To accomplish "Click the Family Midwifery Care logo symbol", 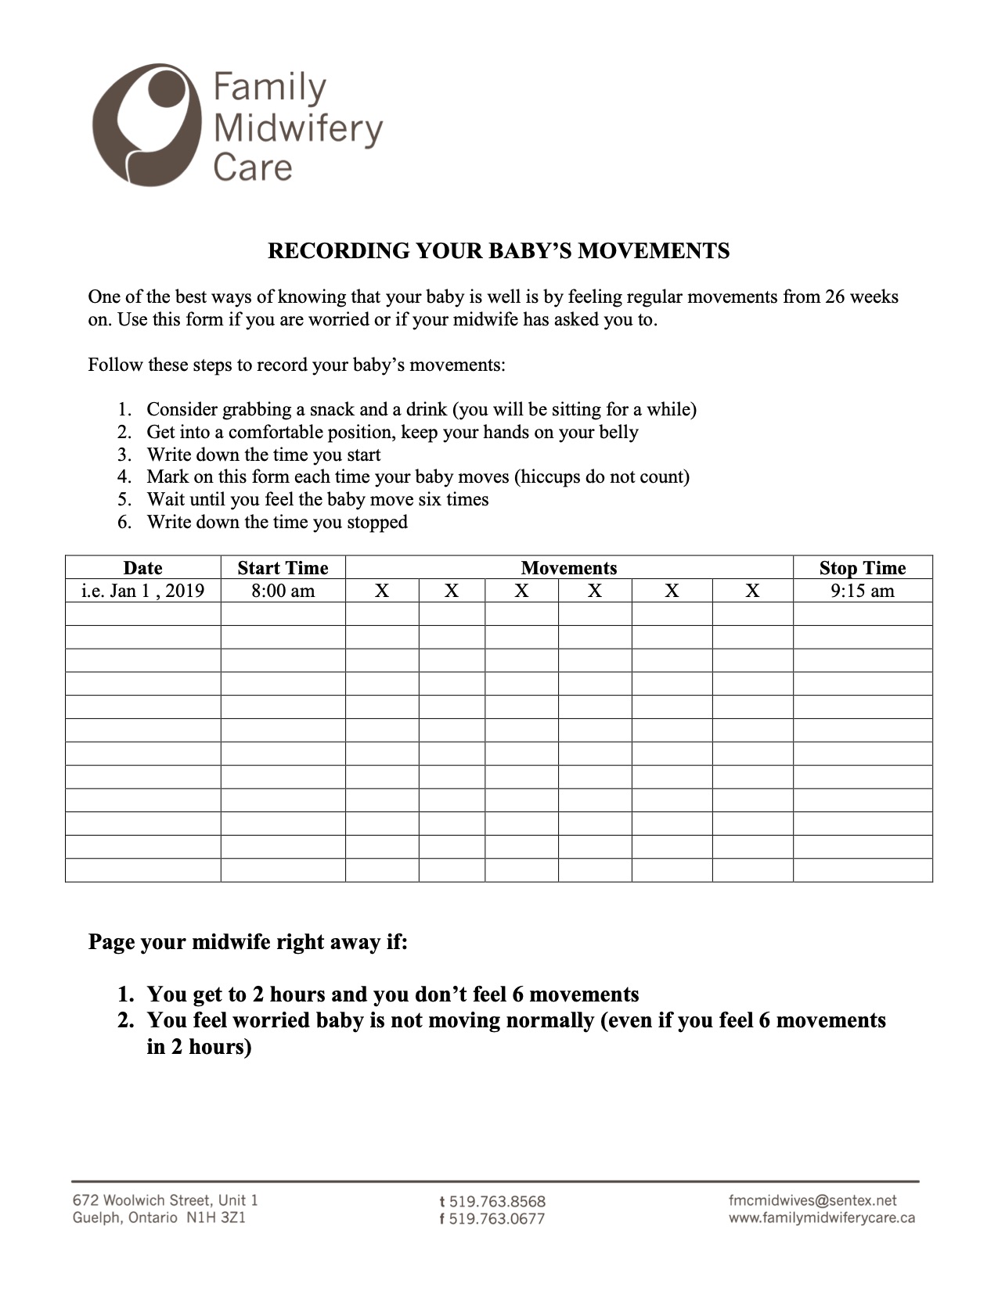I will coord(145,124).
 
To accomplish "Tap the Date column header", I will coord(142,568).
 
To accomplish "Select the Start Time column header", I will coord(283,568).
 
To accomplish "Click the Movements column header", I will coord(569,568).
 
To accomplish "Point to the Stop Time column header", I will coord(862,568).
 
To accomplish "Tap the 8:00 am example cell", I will coord(283,591).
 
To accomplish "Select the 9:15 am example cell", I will coord(862,591).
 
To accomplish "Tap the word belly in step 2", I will coord(618,433).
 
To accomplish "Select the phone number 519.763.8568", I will coord(497,1201).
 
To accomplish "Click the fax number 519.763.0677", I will coord(497,1218).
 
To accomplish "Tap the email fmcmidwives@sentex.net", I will coord(812,1200).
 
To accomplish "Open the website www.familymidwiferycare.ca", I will coord(821,1218).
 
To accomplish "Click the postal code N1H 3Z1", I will coord(216,1218).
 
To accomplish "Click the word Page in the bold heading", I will coord(111,942).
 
